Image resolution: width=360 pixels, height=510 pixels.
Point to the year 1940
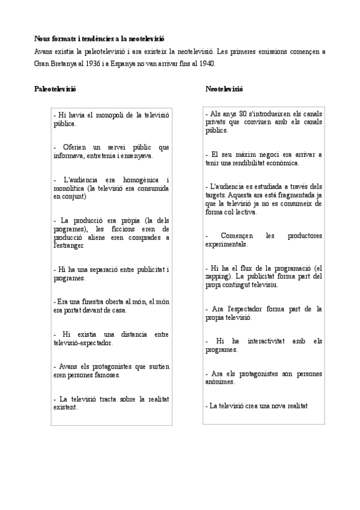pos(206,63)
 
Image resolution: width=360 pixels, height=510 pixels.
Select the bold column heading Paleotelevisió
pos(55,89)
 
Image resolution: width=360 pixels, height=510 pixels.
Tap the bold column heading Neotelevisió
pos(224,89)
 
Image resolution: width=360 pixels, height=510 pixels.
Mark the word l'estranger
pos(69,245)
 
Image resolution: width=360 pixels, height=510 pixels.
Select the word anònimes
pos(219,382)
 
